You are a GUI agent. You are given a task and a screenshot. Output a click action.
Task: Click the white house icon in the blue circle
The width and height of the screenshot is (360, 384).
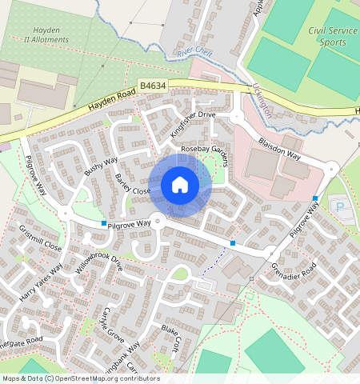pos(180,185)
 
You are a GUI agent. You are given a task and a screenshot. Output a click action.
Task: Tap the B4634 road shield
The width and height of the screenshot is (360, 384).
pos(152,84)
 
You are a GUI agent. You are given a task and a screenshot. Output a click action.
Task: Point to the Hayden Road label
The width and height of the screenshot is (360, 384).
pos(98,103)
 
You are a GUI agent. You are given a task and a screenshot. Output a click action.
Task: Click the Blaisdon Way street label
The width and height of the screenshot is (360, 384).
pos(278,147)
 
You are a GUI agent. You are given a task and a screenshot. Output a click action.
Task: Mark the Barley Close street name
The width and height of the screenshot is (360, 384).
pos(133,185)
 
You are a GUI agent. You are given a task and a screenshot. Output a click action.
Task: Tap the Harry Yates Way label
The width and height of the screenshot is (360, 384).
pos(40,282)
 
